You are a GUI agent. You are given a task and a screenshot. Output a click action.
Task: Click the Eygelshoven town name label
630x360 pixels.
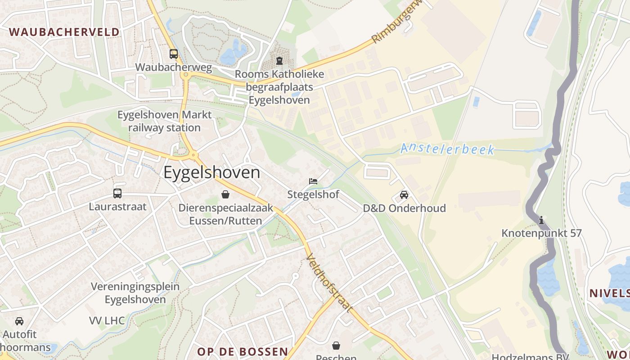(x=211, y=173)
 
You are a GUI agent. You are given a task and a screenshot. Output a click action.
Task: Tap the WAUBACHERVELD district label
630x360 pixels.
(x=64, y=32)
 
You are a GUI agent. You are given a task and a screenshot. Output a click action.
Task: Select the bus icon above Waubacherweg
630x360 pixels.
(x=174, y=54)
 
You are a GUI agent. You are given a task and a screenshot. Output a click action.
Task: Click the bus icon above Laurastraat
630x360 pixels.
(x=117, y=193)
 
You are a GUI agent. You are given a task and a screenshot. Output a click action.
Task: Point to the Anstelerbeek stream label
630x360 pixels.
(x=447, y=148)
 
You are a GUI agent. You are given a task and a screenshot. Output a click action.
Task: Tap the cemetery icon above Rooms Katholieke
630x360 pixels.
(x=279, y=60)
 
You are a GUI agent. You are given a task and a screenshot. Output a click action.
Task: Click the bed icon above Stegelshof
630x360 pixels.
(x=313, y=181)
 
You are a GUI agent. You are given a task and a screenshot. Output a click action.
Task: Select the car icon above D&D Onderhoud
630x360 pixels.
(x=404, y=195)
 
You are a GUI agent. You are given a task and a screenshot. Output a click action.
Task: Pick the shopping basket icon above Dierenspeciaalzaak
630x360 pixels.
(x=225, y=194)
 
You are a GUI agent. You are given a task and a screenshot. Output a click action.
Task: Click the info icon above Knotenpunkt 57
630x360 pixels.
(x=541, y=220)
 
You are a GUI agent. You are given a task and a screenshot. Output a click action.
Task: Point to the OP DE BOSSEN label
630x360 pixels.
(x=243, y=351)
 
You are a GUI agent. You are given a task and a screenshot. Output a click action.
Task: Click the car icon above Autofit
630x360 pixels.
(x=19, y=321)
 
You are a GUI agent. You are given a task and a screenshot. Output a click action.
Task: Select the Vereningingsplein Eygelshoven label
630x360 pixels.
(x=135, y=293)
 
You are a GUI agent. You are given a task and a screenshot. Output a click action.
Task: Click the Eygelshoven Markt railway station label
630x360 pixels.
(x=165, y=121)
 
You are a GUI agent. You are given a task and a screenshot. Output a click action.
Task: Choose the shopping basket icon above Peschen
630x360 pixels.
(x=336, y=346)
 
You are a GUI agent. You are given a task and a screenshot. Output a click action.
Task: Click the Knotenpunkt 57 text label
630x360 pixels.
(x=541, y=233)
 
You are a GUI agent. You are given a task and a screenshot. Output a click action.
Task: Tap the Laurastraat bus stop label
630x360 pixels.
(x=117, y=207)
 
